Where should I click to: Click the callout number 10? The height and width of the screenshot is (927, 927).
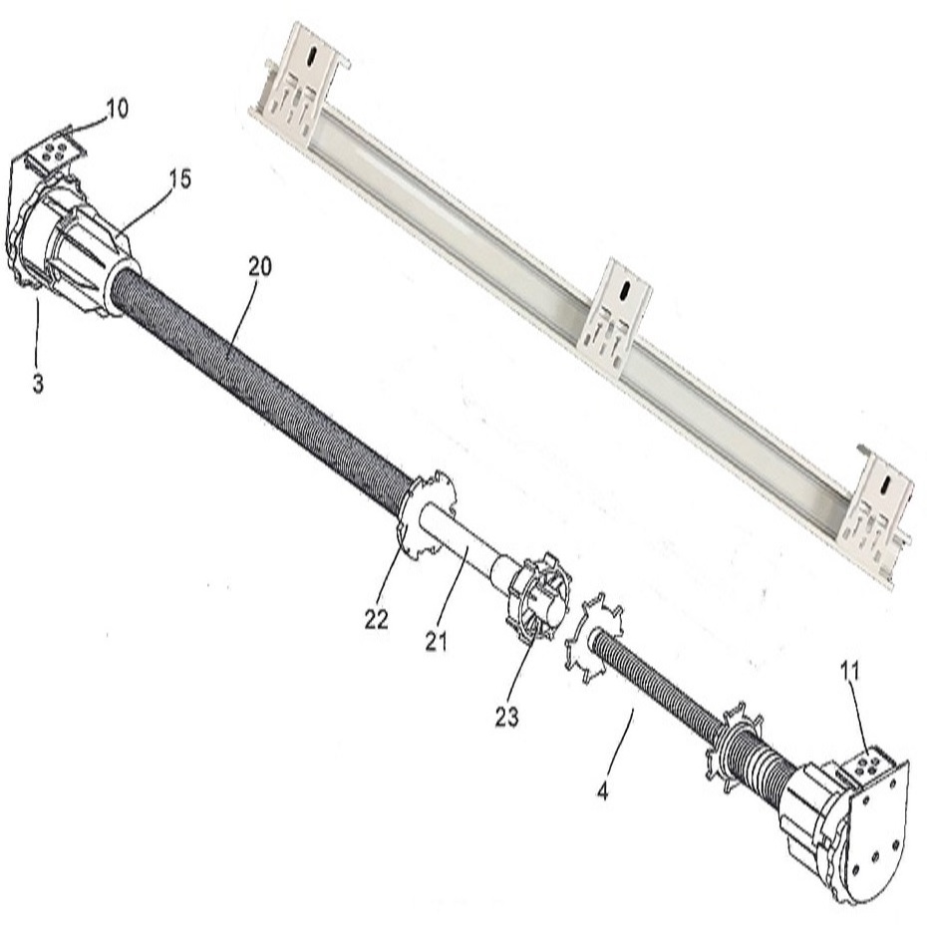117,109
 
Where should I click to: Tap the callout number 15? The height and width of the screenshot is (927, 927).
180,178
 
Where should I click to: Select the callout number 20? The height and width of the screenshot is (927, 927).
259,267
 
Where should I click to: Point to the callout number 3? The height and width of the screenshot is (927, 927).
38,384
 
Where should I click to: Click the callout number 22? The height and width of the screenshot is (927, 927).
376,619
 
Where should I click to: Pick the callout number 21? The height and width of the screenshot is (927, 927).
437,642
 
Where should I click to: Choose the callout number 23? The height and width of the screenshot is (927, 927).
506,716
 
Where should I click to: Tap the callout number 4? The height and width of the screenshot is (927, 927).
602,790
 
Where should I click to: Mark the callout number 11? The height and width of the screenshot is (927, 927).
850,672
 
